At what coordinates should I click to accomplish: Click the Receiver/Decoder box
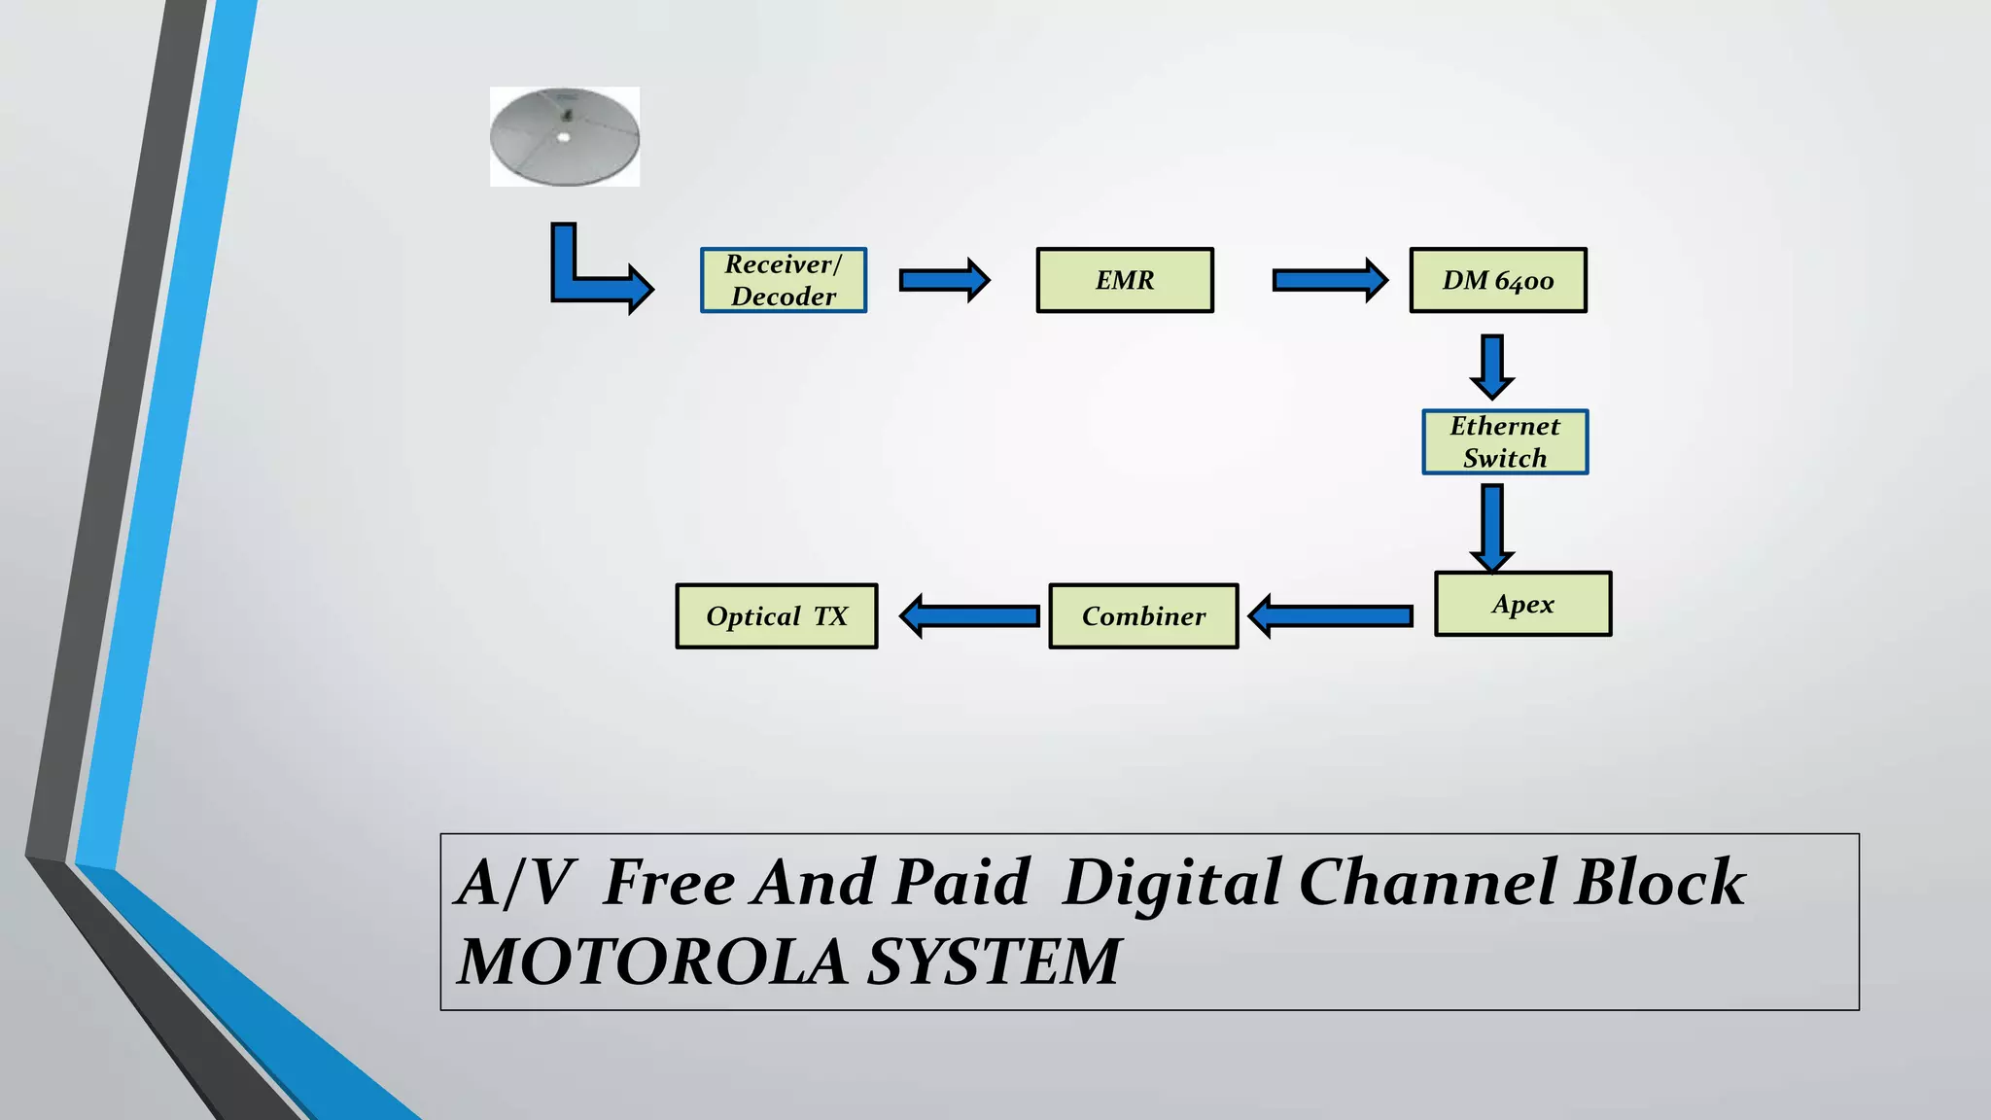[x=784, y=280]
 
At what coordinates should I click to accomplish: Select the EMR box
[x=1125, y=280]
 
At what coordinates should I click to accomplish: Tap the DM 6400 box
[x=1498, y=280]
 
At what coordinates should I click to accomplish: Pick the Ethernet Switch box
[x=1505, y=442]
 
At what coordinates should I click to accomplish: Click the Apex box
[x=1522, y=604]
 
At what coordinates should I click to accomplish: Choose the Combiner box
[x=1143, y=616]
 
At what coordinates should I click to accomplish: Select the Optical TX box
[x=777, y=616]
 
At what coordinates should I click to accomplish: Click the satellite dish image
[x=565, y=136]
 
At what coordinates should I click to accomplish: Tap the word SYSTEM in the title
[x=994, y=962]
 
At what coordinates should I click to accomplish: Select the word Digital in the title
[x=1170, y=882]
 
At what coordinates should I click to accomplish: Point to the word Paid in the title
[x=961, y=882]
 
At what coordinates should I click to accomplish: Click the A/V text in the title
[x=513, y=882]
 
